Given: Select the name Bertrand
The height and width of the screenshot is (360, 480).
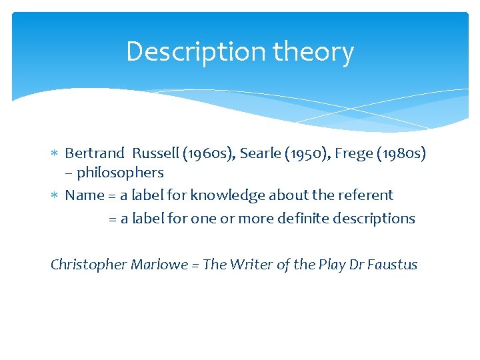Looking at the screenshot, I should click(x=93, y=153).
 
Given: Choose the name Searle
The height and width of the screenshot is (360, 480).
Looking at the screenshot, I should click(x=259, y=153).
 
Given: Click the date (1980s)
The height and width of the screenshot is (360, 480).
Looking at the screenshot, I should click(x=402, y=153).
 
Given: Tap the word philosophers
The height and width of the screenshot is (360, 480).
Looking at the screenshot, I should click(x=121, y=173).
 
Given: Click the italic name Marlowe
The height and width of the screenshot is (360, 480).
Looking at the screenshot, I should click(x=158, y=265).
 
